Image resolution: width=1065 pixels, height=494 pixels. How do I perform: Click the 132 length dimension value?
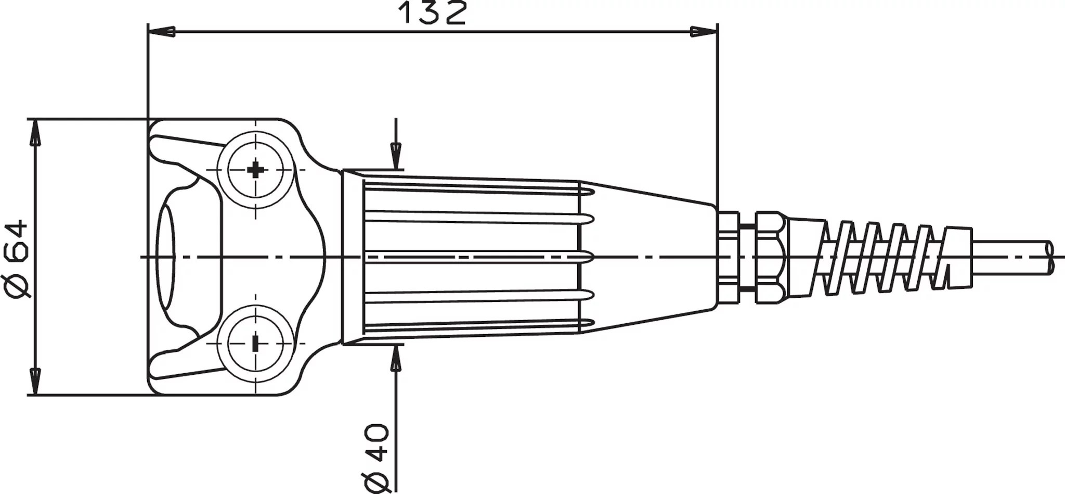(432, 14)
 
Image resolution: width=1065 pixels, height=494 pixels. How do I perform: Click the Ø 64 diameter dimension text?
(17, 259)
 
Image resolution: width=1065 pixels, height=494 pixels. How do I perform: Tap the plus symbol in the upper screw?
(255, 170)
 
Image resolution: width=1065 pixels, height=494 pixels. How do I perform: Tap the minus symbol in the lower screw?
(255, 344)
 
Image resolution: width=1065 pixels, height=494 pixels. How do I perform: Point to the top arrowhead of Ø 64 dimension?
(35, 132)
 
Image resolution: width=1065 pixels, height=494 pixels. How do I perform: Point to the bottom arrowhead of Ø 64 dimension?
(35, 381)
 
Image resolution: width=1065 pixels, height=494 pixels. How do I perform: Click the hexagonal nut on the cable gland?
(770, 257)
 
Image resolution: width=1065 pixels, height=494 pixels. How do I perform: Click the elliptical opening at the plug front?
(166, 257)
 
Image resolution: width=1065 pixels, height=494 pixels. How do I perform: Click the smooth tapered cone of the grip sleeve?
(650, 257)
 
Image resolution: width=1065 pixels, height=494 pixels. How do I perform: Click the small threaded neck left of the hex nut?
(728, 257)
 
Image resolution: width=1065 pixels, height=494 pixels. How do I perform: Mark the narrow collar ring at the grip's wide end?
(353, 257)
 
